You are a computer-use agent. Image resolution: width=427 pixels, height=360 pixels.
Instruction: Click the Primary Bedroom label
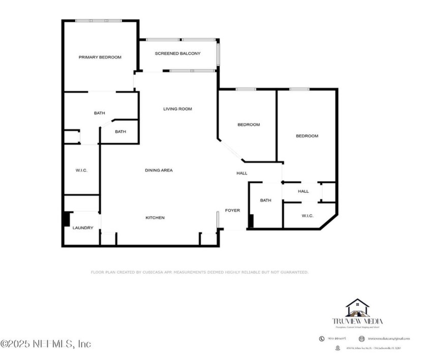[x=100, y=57]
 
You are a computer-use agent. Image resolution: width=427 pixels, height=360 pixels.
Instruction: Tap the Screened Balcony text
[x=177, y=53]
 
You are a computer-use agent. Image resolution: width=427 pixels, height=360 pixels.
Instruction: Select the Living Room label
[x=177, y=109]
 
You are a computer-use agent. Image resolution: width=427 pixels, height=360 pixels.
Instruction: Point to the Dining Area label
[x=159, y=170]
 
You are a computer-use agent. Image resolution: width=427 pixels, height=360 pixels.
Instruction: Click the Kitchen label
[x=155, y=218]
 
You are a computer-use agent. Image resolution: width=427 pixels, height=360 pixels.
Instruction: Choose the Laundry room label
[x=83, y=228]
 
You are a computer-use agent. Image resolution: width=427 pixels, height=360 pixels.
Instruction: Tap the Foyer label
[x=232, y=210]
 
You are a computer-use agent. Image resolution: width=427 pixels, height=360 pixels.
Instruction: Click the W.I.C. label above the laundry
[x=81, y=170]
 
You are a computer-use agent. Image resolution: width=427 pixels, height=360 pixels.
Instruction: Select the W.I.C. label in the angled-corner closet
[x=308, y=216]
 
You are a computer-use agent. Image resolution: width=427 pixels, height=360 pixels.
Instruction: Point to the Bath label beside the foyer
[x=265, y=201]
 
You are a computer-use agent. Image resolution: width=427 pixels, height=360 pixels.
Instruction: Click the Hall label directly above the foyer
[x=242, y=173]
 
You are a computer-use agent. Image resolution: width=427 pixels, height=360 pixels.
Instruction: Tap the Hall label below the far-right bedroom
[x=303, y=191]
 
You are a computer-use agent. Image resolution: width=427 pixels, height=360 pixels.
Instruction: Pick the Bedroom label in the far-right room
[x=307, y=136]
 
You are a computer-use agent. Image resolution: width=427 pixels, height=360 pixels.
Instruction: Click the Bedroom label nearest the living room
[x=249, y=125]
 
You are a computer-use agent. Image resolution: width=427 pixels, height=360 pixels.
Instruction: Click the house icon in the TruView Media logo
[x=357, y=307]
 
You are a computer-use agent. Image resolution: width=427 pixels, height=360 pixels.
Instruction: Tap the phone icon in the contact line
[x=322, y=338]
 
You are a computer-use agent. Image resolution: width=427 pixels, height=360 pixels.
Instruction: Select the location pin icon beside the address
[x=338, y=348]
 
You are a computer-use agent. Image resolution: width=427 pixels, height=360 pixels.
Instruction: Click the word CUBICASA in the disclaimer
[x=152, y=273]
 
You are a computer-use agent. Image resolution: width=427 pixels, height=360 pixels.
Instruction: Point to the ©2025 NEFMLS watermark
[x=46, y=344]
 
